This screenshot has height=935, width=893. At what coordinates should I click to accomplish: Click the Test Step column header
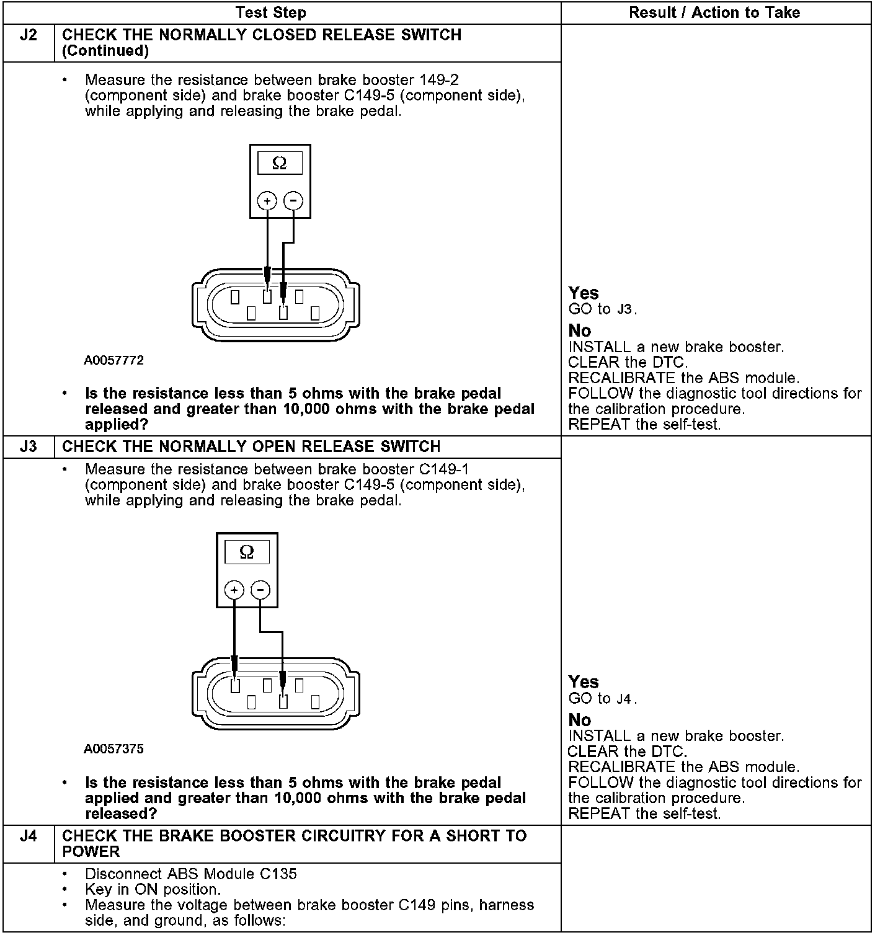pyautogui.click(x=271, y=12)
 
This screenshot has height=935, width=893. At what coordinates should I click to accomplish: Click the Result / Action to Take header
pyautogui.click(x=714, y=12)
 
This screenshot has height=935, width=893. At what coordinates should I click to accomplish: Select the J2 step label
pyautogui.click(x=29, y=35)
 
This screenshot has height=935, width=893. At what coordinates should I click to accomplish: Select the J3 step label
pyautogui.click(x=29, y=446)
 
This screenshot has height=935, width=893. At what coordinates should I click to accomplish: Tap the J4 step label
pyautogui.click(x=29, y=836)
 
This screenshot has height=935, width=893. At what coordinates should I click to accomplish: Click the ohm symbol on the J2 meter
pyautogui.click(x=280, y=163)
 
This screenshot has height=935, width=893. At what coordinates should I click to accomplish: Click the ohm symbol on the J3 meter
pyautogui.click(x=247, y=552)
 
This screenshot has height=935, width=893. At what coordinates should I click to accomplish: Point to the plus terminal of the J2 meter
pyautogui.click(x=267, y=200)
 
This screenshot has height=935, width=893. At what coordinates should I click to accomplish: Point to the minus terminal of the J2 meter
pyautogui.click(x=293, y=200)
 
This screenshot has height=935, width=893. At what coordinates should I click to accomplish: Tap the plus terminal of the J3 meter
pyautogui.click(x=234, y=590)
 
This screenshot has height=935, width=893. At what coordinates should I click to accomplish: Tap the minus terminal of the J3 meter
pyautogui.click(x=260, y=590)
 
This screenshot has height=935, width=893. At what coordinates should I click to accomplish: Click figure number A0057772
pyautogui.click(x=114, y=360)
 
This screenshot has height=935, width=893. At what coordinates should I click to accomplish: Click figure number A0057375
pyautogui.click(x=114, y=749)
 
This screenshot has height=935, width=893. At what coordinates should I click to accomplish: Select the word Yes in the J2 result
pyautogui.click(x=584, y=293)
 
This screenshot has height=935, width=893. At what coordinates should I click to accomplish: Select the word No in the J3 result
pyautogui.click(x=580, y=720)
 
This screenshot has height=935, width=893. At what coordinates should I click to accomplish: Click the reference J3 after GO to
pyautogui.click(x=625, y=309)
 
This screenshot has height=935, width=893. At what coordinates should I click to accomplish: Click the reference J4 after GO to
pyautogui.click(x=625, y=699)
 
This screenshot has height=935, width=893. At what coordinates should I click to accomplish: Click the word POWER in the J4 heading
pyautogui.click(x=91, y=851)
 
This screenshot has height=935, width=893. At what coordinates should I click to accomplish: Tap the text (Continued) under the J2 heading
pyautogui.click(x=105, y=51)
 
